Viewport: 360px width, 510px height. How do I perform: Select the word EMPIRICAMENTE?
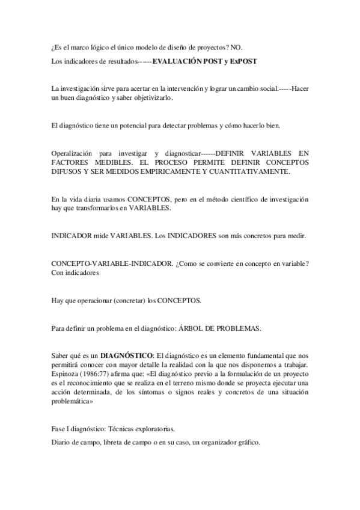(x=168, y=171)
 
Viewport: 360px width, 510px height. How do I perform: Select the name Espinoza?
(x=66, y=375)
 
